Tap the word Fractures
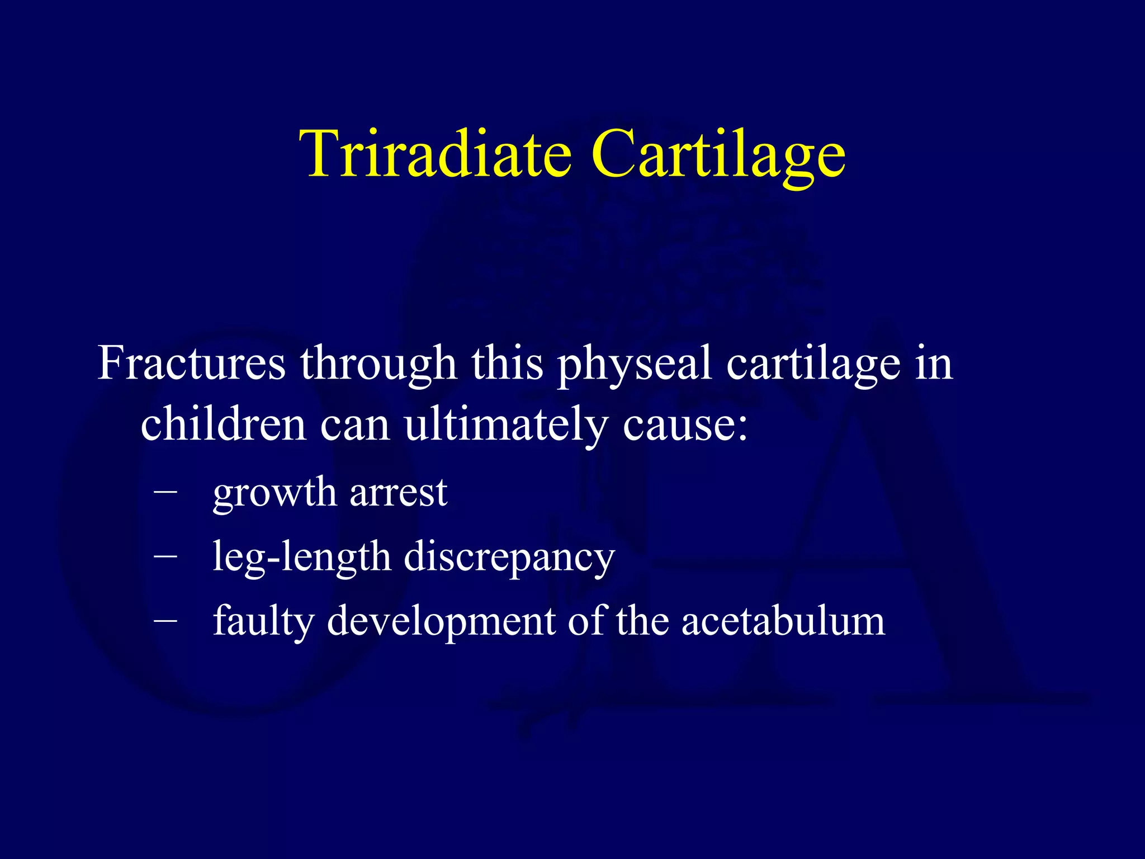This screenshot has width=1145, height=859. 192,363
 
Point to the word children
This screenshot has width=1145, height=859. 223,423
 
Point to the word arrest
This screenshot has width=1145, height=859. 398,493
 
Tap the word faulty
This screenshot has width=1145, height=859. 264,621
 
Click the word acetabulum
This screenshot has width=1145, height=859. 783,620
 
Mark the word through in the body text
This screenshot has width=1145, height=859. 378,364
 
